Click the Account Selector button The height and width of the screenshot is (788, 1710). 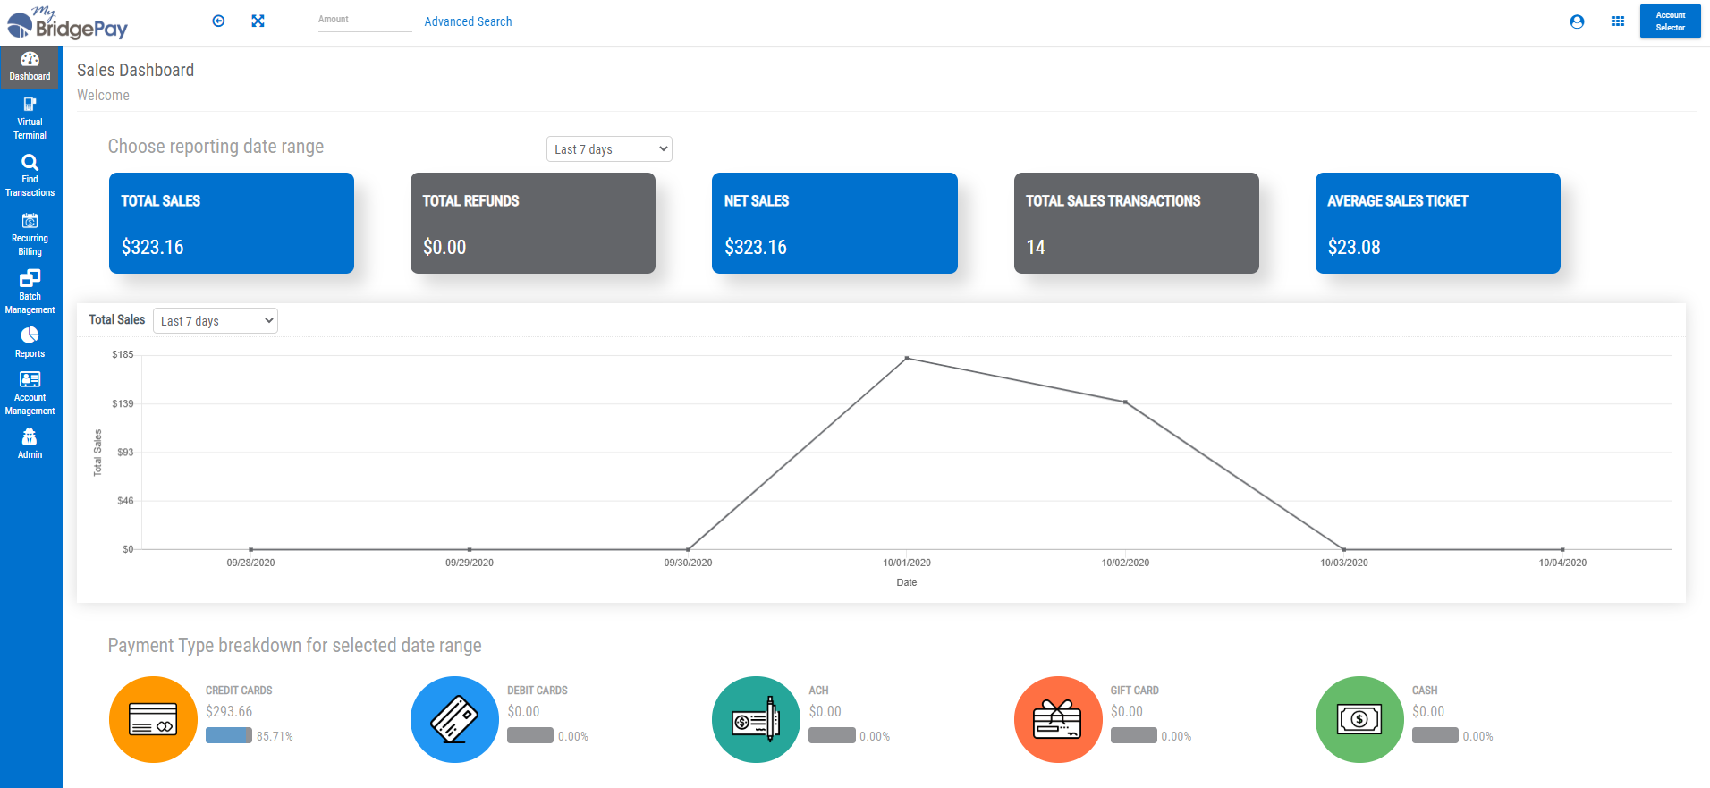(x=1670, y=21)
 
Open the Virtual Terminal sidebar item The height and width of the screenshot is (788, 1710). (x=30, y=118)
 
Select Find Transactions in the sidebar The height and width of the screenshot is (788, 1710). (x=30, y=174)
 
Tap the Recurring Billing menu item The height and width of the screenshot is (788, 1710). (x=30, y=233)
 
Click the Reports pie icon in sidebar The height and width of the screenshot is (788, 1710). (x=30, y=335)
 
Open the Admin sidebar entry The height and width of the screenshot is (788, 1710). (x=30, y=443)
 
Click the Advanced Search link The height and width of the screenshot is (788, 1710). (x=468, y=21)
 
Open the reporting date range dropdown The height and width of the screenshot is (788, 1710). (x=609, y=149)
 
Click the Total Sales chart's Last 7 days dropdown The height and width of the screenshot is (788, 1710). (x=216, y=321)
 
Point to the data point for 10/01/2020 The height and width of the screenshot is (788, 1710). (x=907, y=359)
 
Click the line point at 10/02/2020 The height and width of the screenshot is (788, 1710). (x=1125, y=402)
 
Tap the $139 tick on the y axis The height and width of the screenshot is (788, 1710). (x=123, y=404)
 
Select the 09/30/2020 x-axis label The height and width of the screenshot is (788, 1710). (x=688, y=563)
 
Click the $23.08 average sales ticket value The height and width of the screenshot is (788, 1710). (x=1354, y=248)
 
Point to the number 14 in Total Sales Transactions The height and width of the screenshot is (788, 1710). (x=1036, y=248)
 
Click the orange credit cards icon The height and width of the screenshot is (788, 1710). (x=153, y=719)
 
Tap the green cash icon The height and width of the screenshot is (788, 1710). (x=1359, y=719)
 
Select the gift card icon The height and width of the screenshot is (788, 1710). (x=1057, y=719)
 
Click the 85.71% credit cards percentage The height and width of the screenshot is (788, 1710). (x=275, y=736)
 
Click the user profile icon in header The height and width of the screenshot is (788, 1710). (x=1577, y=21)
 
